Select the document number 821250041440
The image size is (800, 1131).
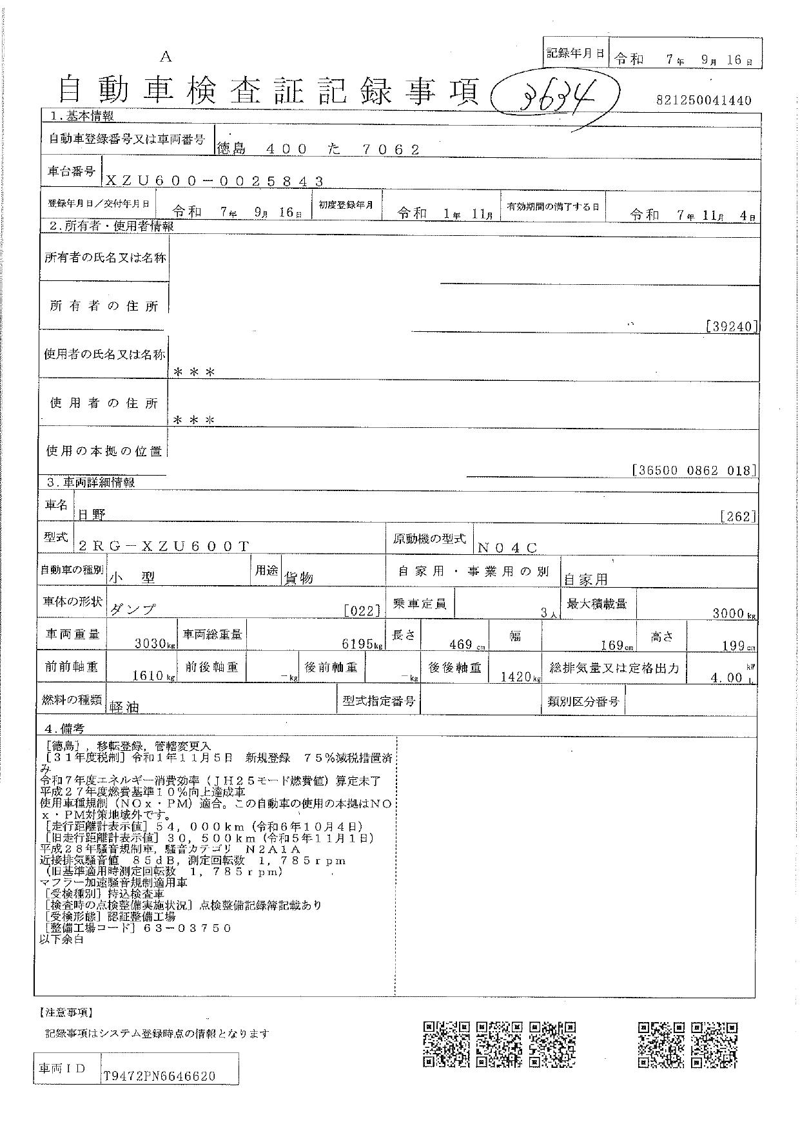click(x=704, y=101)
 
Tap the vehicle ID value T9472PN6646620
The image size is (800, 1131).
click(x=159, y=1076)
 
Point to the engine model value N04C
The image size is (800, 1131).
click(x=507, y=548)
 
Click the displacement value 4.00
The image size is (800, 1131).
click(x=725, y=677)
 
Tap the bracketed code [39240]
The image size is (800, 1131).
click(x=732, y=327)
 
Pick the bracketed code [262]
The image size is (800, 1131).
click(x=739, y=516)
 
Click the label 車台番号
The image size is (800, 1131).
click(x=71, y=171)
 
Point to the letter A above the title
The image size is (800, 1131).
click(x=166, y=57)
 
